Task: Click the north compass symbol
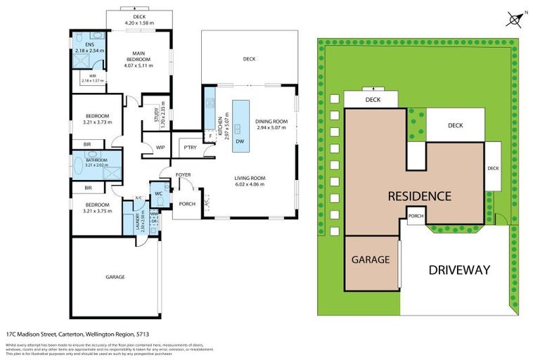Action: (x=515, y=19)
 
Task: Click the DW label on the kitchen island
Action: (x=240, y=141)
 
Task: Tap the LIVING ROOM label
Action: (x=249, y=181)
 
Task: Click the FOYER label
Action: (x=184, y=174)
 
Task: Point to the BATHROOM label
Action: (x=96, y=160)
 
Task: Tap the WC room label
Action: (x=159, y=193)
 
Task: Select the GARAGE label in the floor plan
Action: (x=115, y=276)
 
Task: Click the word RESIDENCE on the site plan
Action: (x=420, y=195)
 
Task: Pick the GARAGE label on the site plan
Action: (x=371, y=259)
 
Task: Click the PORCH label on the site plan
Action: (x=416, y=216)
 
